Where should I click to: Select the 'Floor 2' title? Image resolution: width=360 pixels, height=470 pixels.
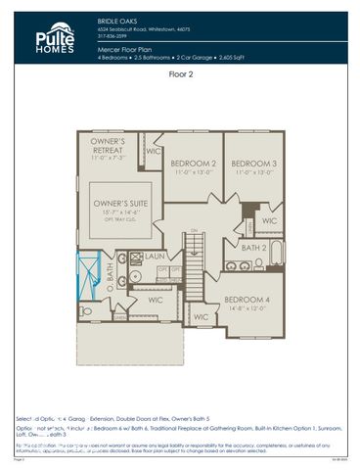point(180,73)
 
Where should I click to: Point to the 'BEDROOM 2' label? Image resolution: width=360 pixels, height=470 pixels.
point(194,163)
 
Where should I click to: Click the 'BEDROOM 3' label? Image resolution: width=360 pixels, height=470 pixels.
point(254,163)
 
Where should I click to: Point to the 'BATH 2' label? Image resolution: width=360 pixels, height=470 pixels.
point(252,249)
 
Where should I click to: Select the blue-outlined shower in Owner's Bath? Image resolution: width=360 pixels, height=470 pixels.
point(89,266)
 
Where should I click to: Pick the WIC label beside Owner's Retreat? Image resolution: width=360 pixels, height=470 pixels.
point(154,152)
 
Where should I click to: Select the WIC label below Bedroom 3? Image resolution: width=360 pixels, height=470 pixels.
point(269,221)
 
